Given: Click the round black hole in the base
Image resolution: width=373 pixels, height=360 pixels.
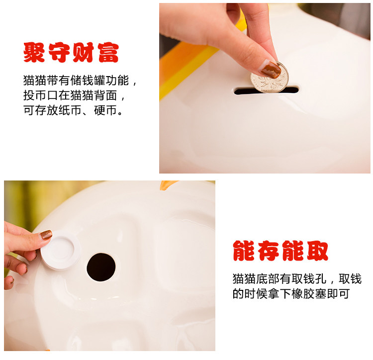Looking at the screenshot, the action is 101,267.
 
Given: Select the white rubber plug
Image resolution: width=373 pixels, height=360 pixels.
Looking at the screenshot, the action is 60,250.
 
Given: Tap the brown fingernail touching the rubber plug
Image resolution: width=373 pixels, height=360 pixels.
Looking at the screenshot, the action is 46,235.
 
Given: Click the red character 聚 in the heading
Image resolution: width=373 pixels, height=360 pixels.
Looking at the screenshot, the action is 34,52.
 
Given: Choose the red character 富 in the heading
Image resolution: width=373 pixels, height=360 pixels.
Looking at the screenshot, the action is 108,52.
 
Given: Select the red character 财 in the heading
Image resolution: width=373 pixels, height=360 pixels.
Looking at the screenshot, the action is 83,52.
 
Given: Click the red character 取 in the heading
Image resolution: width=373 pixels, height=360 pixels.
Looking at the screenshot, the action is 318,251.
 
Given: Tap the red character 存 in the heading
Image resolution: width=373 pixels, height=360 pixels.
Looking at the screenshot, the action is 269,251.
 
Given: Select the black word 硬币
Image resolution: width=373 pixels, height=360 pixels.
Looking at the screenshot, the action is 105,110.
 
